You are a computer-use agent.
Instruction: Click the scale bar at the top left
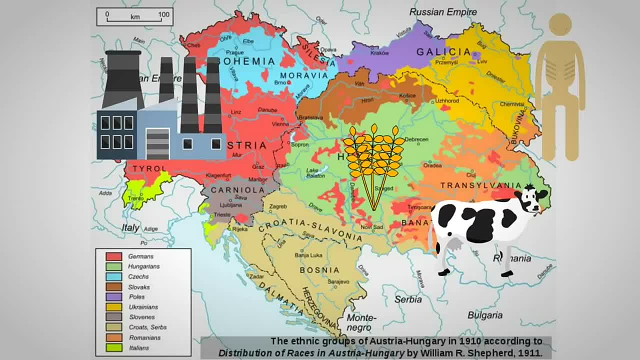(135, 16)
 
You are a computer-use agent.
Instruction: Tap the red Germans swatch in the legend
(113, 256)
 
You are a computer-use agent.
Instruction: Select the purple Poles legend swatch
(113, 297)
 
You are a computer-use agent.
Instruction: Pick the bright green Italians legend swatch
(113, 347)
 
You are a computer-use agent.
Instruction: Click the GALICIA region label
(443, 52)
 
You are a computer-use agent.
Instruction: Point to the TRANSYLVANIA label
(480, 185)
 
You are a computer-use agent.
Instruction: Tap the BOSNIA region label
(319, 270)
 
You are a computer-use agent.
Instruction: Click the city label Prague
(234, 52)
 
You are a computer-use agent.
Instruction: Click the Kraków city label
(379, 53)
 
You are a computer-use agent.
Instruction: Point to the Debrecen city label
(416, 139)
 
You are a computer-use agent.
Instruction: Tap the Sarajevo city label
(338, 281)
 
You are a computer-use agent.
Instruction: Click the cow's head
(531, 199)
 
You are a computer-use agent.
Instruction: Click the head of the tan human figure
(560, 24)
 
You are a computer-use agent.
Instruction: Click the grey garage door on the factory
(157, 143)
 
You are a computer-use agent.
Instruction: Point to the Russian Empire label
(442, 11)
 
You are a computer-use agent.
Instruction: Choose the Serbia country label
(408, 299)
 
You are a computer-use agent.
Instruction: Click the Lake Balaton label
(315, 173)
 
